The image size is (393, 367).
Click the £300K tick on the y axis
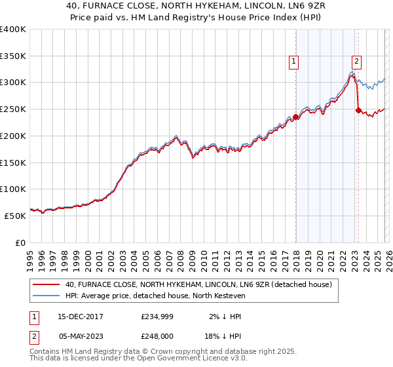click(x=13, y=83)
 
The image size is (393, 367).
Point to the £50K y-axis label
click(x=15, y=216)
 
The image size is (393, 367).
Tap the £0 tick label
click(x=20, y=242)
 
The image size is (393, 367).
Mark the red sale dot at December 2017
click(x=295, y=117)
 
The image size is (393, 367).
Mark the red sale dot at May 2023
click(x=358, y=111)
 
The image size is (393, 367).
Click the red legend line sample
click(x=47, y=284)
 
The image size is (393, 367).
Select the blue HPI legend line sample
click(x=47, y=296)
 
